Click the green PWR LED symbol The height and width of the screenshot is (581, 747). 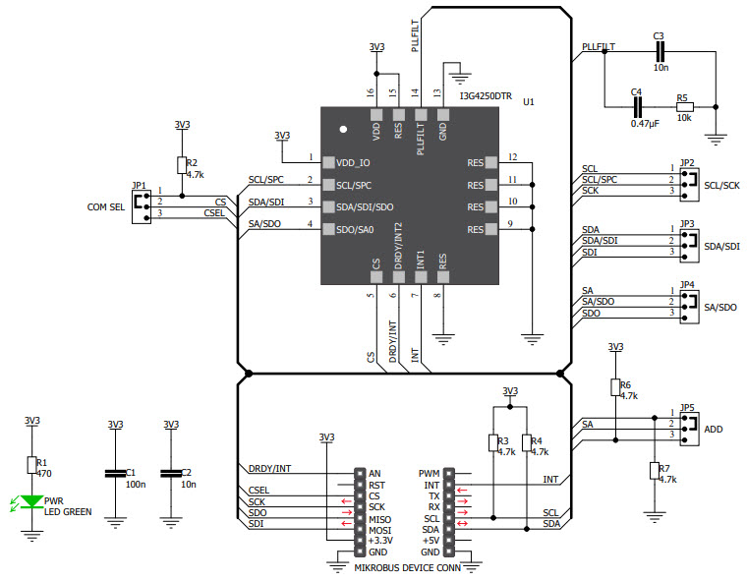click(x=31, y=501)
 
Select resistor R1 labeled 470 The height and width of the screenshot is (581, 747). click(x=31, y=465)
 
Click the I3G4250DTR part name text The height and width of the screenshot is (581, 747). click(x=486, y=96)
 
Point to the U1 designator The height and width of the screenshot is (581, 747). click(x=529, y=101)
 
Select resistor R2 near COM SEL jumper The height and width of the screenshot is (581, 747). click(x=181, y=166)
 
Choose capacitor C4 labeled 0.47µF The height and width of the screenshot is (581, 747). click(x=637, y=107)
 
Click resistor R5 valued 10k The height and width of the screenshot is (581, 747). click(x=684, y=107)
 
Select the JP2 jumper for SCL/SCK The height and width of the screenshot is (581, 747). click(x=688, y=180)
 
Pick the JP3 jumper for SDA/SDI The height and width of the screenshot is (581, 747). click(x=688, y=241)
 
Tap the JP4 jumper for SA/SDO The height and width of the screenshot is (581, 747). click(x=688, y=302)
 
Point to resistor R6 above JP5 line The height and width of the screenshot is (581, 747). click(x=615, y=387)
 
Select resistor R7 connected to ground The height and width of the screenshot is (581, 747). click(x=653, y=471)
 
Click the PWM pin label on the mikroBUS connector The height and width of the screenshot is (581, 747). click(x=430, y=473)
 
